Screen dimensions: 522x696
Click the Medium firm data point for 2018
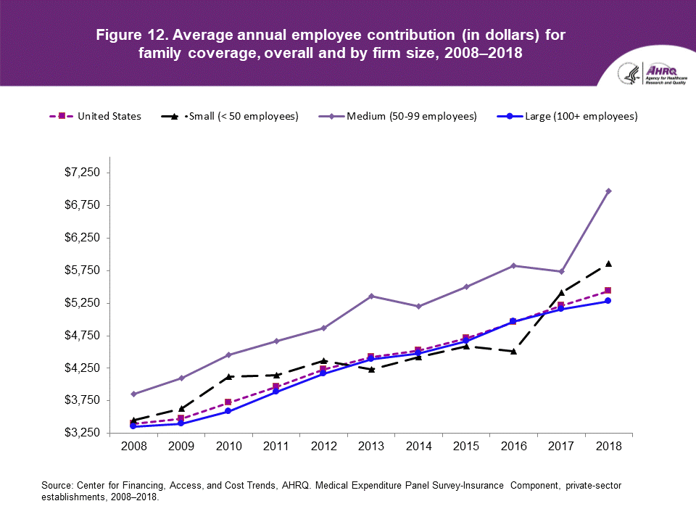608,191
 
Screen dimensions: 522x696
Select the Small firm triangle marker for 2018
608,263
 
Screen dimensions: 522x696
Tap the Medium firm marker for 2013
371,296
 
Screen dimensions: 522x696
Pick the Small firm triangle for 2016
513,351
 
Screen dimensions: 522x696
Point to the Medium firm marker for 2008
133,394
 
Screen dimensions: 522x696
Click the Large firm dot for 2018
608,301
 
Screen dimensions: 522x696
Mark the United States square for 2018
608,291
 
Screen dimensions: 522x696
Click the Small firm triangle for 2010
228,376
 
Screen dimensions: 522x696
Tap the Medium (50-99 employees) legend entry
399,116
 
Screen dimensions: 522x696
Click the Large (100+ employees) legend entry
565,116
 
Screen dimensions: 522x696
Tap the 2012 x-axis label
323,447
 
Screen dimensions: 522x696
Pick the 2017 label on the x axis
560,447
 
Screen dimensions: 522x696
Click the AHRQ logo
655,74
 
